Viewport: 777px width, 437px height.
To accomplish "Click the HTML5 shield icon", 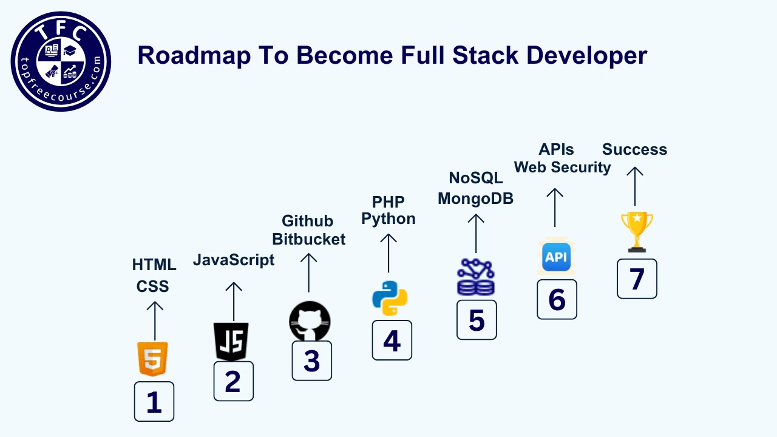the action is pyautogui.click(x=152, y=359).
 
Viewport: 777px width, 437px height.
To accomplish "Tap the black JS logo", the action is pyautogui.click(x=231, y=342).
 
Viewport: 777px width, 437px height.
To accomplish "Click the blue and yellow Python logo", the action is pyautogui.click(x=390, y=298).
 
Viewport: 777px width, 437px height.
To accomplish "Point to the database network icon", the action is pyautogui.click(x=476, y=277).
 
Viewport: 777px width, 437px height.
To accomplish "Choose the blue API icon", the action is pyautogui.click(x=557, y=257).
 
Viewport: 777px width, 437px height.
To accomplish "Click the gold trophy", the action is pyautogui.click(x=637, y=232).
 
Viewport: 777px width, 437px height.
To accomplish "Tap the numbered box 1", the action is pyautogui.click(x=154, y=402).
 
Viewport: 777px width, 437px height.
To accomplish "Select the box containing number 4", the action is pyautogui.click(x=392, y=340).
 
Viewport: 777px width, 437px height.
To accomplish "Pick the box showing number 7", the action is pyautogui.click(x=637, y=279).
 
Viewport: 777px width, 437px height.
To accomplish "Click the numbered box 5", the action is pyautogui.click(x=477, y=320).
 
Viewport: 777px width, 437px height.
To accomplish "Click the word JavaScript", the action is pyautogui.click(x=234, y=260).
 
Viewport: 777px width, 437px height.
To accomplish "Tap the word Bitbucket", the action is pyautogui.click(x=309, y=239).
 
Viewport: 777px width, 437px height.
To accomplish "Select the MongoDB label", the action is pyautogui.click(x=475, y=198).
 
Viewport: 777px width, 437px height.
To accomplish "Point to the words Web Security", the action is pyautogui.click(x=562, y=168).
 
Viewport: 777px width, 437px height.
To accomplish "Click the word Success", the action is pyautogui.click(x=634, y=149).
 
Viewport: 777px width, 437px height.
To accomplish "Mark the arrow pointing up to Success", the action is pyautogui.click(x=635, y=186).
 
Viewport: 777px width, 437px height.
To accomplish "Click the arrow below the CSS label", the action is pyautogui.click(x=155, y=321).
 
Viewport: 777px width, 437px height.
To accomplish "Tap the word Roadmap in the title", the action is pyautogui.click(x=194, y=55).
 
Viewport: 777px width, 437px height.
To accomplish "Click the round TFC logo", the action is pyautogui.click(x=61, y=61).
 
